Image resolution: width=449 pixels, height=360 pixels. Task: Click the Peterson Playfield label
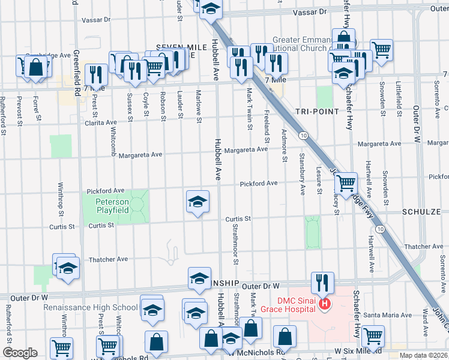click(x=112, y=206)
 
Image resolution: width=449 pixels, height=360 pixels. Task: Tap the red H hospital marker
click(x=325, y=305)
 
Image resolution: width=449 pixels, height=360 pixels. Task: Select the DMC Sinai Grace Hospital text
click(x=287, y=304)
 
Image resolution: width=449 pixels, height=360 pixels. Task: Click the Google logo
click(x=20, y=353)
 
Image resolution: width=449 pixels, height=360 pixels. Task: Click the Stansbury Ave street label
click(x=302, y=174)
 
